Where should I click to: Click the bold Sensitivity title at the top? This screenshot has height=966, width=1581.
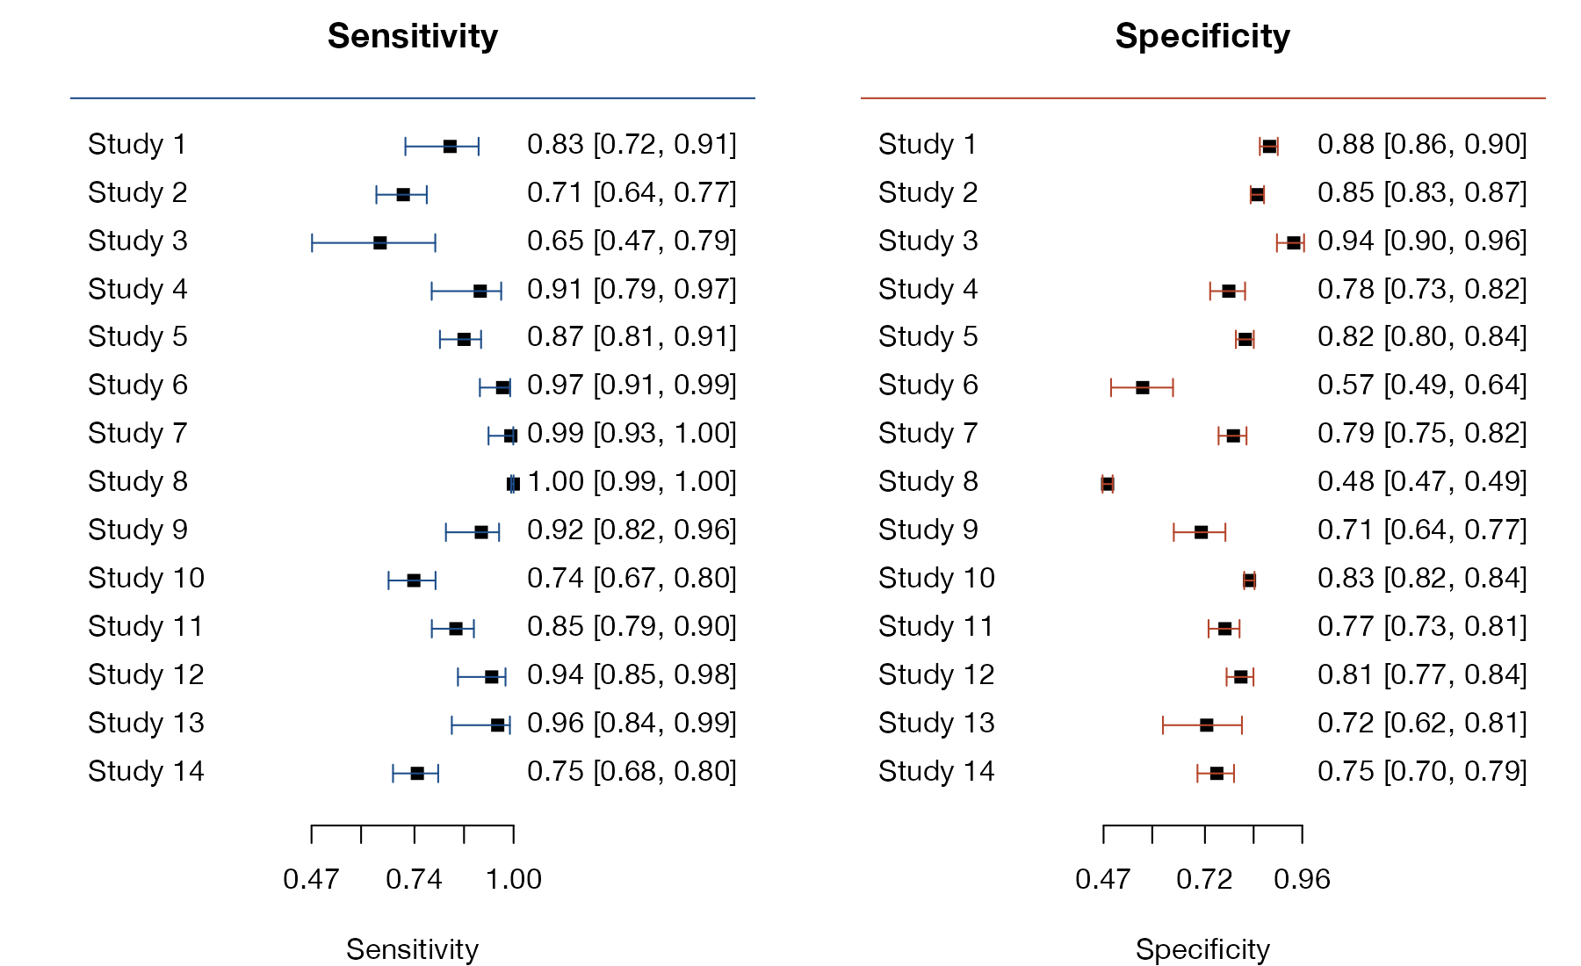coord(413,37)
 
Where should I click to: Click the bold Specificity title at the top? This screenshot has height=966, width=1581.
coord(1202,37)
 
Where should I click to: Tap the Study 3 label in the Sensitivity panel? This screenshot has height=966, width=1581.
coord(138,241)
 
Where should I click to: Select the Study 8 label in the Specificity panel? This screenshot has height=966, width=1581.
coord(928,481)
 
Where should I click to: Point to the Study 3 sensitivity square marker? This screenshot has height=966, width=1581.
coord(379,242)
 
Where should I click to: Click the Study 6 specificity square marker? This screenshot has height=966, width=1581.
coord(1142,387)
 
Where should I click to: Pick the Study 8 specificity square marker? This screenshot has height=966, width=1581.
coord(1108,484)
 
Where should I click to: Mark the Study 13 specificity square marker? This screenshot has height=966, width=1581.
coord(1207,724)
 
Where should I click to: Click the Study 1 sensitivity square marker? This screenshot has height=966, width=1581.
coord(450,146)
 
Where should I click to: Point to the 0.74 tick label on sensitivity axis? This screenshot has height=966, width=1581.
coord(415,879)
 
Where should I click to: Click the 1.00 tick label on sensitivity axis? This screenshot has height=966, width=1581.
coord(514,879)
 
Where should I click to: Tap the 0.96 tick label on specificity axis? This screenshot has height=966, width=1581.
coord(1303,879)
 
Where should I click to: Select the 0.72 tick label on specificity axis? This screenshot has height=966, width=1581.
coord(1204,879)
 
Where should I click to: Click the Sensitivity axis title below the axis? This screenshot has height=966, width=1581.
coord(413,949)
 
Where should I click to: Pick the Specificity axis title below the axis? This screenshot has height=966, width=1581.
coord(1202,949)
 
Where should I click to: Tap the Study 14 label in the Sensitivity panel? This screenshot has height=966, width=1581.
coord(146,771)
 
